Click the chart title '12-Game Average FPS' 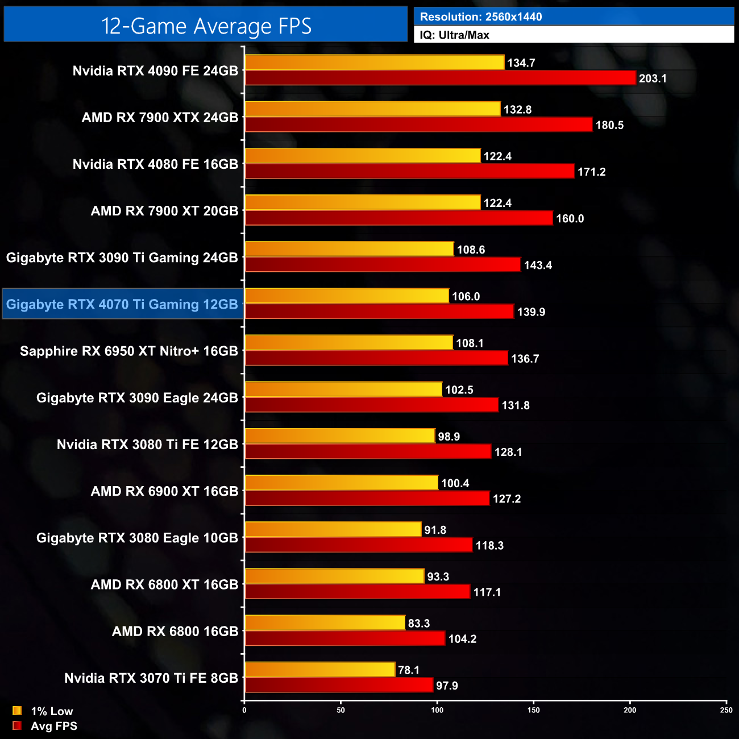click(x=206, y=26)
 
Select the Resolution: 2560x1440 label click(x=481, y=17)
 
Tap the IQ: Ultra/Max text click(x=454, y=35)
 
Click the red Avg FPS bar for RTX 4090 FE click(x=440, y=78)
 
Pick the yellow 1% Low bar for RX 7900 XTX click(x=372, y=109)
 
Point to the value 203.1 click(x=653, y=78)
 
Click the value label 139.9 click(x=531, y=312)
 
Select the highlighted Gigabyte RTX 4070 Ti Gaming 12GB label click(x=122, y=304)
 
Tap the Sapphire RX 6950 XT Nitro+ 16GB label click(x=129, y=351)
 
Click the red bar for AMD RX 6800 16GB click(x=344, y=638)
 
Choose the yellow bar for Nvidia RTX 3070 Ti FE click(x=319, y=670)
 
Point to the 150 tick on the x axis click(x=533, y=709)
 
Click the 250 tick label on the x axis click(x=726, y=709)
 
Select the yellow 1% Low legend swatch click(x=17, y=711)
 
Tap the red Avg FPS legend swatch click(x=17, y=725)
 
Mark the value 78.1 click(x=409, y=670)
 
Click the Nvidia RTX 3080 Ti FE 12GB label click(x=147, y=444)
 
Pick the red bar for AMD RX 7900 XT click(x=398, y=218)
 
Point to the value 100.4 click(x=455, y=483)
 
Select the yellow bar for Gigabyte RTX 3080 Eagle click(x=333, y=529)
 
